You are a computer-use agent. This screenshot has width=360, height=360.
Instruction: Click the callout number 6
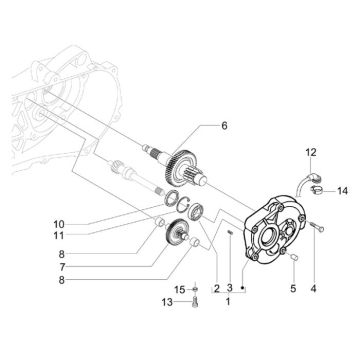tap(224, 126)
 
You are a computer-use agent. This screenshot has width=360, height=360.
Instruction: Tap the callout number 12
tap(311, 153)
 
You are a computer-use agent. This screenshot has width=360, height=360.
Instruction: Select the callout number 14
tap(342, 191)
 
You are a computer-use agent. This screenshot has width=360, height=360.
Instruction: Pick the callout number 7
tap(61, 267)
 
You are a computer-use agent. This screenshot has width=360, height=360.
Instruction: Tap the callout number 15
tap(180, 290)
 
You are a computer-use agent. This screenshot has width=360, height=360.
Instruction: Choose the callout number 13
tap(167, 302)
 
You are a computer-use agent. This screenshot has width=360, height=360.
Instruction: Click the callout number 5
tap(293, 289)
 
